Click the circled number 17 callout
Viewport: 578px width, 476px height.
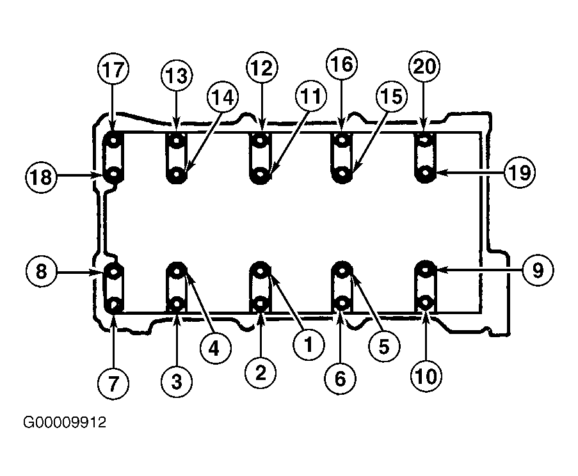point(113,70)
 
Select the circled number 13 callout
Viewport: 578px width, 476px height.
point(177,76)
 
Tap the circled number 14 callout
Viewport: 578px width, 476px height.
point(223,97)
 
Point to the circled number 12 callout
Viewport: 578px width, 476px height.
point(262,68)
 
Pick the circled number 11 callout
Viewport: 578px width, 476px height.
point(310,95)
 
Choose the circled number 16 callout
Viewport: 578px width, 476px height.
point(342,64)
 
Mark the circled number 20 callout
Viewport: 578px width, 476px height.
point(424,67)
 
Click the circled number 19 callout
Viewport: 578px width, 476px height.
point(520,172)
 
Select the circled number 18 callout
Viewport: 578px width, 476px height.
point(41,177)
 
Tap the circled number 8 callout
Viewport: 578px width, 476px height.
point(41,272)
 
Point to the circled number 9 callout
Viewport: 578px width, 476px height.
point(538,271)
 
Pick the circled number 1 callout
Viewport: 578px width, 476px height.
point(309,344)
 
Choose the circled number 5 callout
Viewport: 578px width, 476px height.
point(384,346)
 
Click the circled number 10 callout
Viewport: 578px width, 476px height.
point(426,376)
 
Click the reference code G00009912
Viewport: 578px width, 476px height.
point(65,422)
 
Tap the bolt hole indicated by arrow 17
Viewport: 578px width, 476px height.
point(113,141)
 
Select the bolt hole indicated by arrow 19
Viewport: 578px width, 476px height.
point(426,172)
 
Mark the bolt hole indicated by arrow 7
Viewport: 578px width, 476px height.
point(113,305)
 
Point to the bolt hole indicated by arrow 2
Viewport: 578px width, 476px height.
point(261,304)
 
